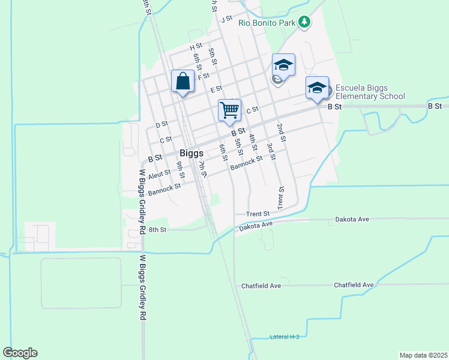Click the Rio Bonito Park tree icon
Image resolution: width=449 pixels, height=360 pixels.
[x=305, y=22]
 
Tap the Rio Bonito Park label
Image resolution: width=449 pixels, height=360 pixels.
[x=267, y=23]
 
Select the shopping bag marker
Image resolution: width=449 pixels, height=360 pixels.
[x=182, y=82]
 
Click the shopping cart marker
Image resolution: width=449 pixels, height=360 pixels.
[x=229, y=111]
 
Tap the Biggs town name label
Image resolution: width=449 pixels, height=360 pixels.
[x=191, y=153]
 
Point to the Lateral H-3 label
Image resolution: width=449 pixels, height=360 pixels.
[x=284, y=337]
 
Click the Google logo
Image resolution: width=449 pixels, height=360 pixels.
[x=20, y=353]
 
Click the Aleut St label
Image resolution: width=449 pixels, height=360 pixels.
[x=160, y=175]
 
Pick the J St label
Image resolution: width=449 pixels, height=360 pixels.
[x=226, y=19]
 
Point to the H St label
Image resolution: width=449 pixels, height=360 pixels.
[x=196, y=46]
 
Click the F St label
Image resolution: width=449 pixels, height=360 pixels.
[x=203, y=76]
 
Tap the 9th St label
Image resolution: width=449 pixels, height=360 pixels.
[x=180, y=171]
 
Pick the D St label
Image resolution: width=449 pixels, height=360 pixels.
[x=161, y=125]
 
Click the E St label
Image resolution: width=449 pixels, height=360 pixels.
[x=217, y=89]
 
